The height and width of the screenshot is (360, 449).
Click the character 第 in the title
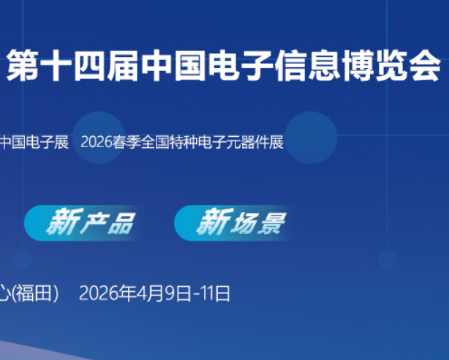tap(21, 67)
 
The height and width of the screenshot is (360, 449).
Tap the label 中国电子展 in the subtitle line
tap(34, 142)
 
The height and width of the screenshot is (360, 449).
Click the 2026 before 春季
tap(97, 142)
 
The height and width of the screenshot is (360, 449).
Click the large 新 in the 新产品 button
tap(61, 222)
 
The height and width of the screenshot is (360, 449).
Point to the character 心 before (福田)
tap(5, 294)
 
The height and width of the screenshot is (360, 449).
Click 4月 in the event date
tap(150, 294)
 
